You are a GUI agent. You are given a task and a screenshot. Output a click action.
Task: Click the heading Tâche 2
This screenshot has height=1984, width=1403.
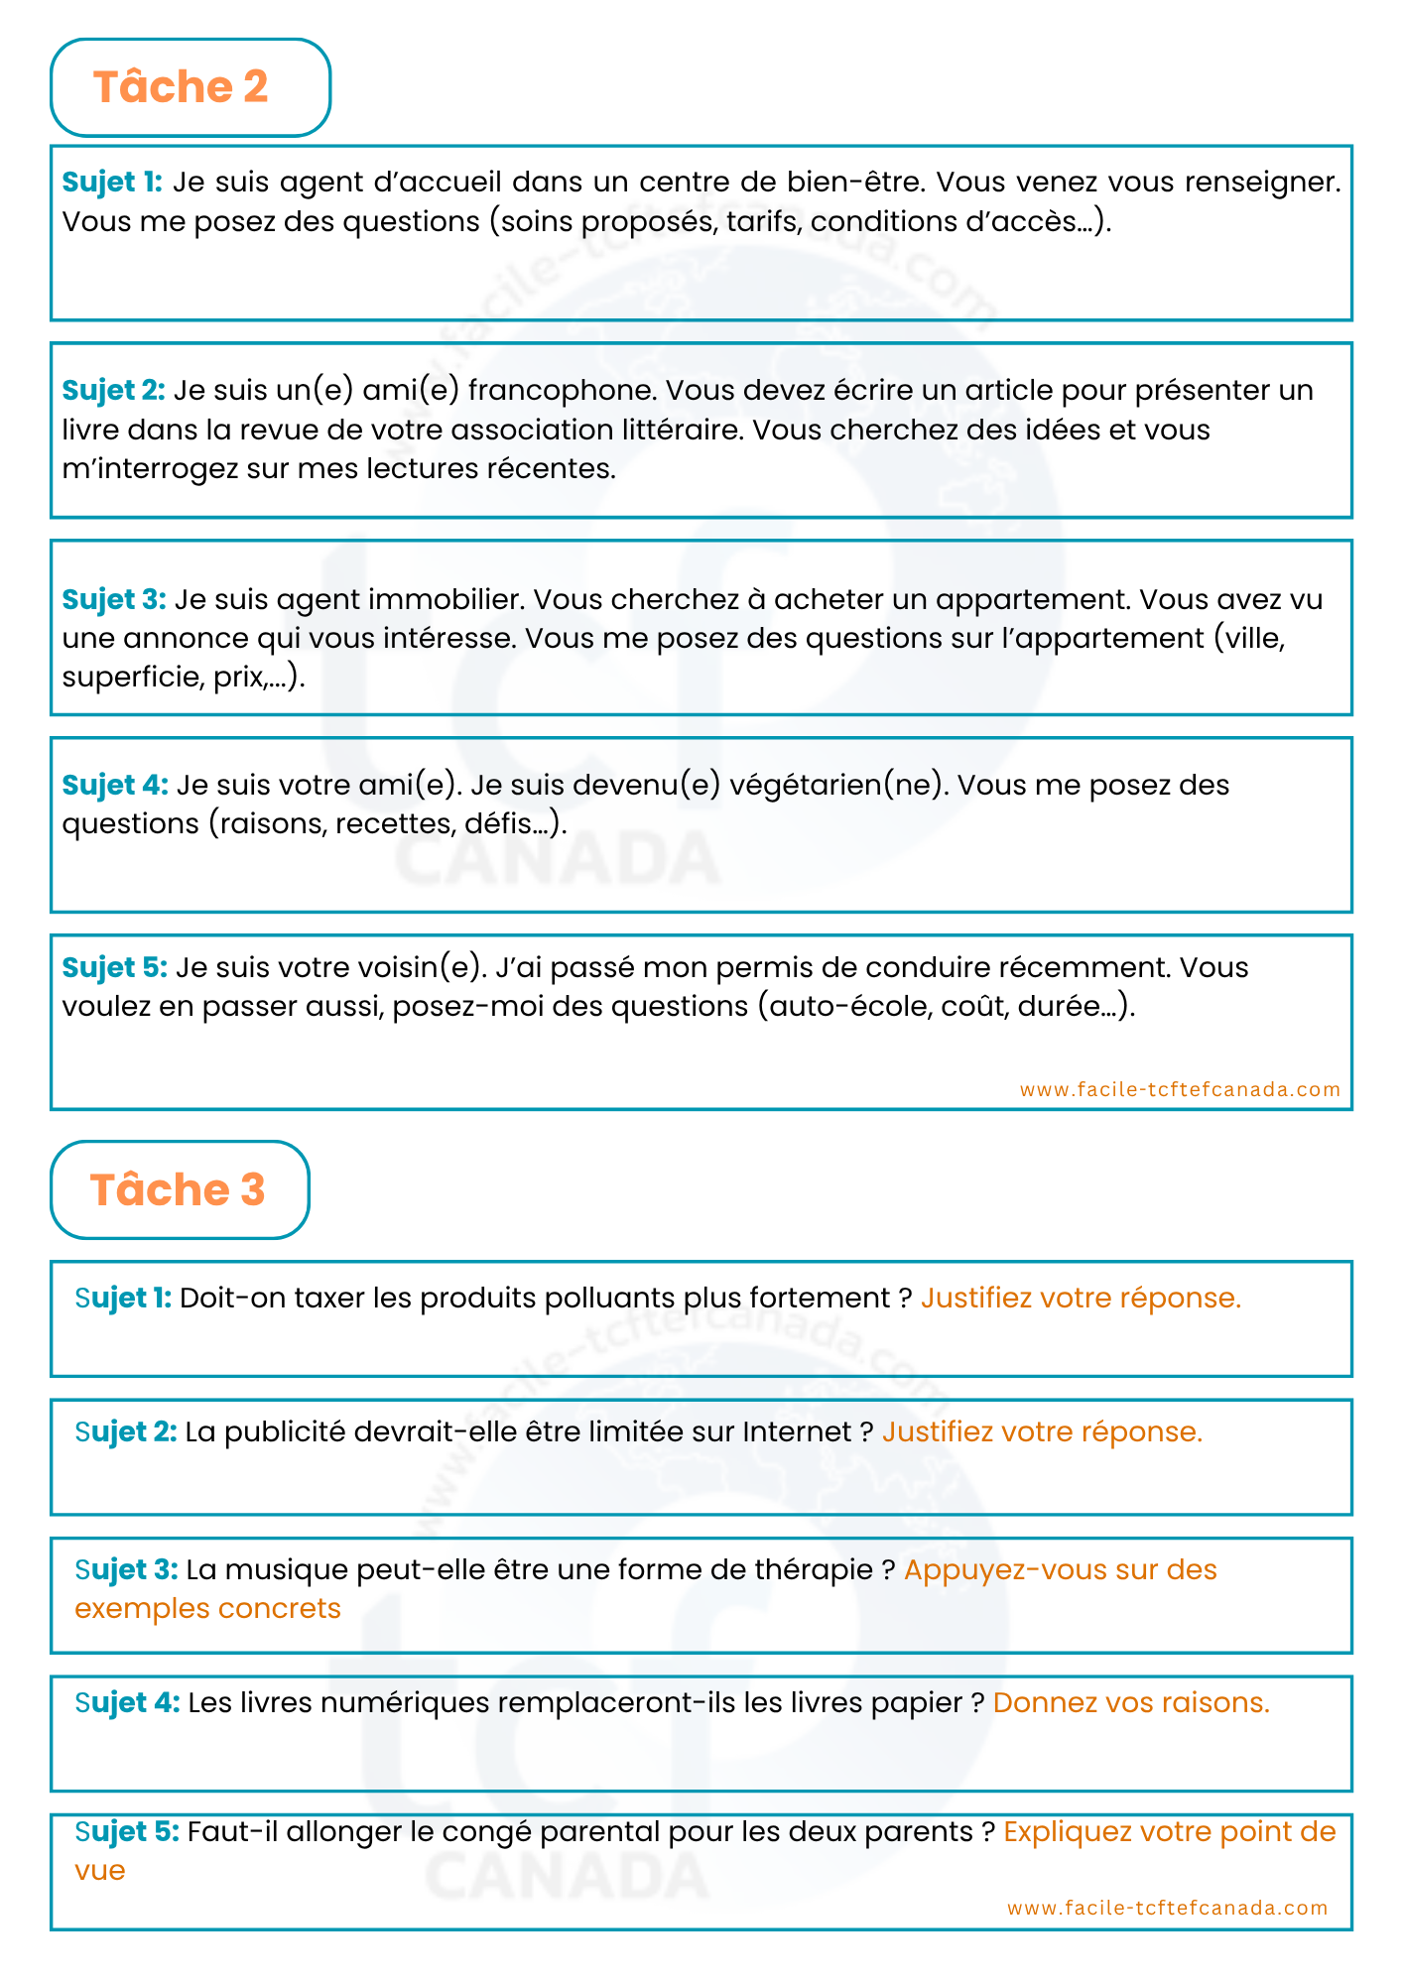[x=181, y=87]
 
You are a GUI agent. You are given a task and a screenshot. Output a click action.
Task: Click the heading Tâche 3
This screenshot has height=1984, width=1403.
[x=178, y=1190]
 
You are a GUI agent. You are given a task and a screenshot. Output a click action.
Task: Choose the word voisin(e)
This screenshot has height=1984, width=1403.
[x=417, y=968]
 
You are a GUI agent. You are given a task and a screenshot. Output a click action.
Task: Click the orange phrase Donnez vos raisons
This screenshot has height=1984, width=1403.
[x=1131, y=1703]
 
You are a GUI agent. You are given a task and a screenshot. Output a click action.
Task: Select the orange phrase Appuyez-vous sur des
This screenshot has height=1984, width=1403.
[x=1060, y=1570]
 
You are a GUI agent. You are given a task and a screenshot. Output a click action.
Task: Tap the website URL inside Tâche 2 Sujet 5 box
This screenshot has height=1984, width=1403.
[x=1180, y=1089]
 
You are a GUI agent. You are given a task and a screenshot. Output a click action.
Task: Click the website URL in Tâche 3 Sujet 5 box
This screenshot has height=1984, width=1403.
[x=1167, y=1908]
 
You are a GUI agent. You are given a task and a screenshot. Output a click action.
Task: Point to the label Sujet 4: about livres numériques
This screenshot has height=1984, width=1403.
[x=127, y=1703]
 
